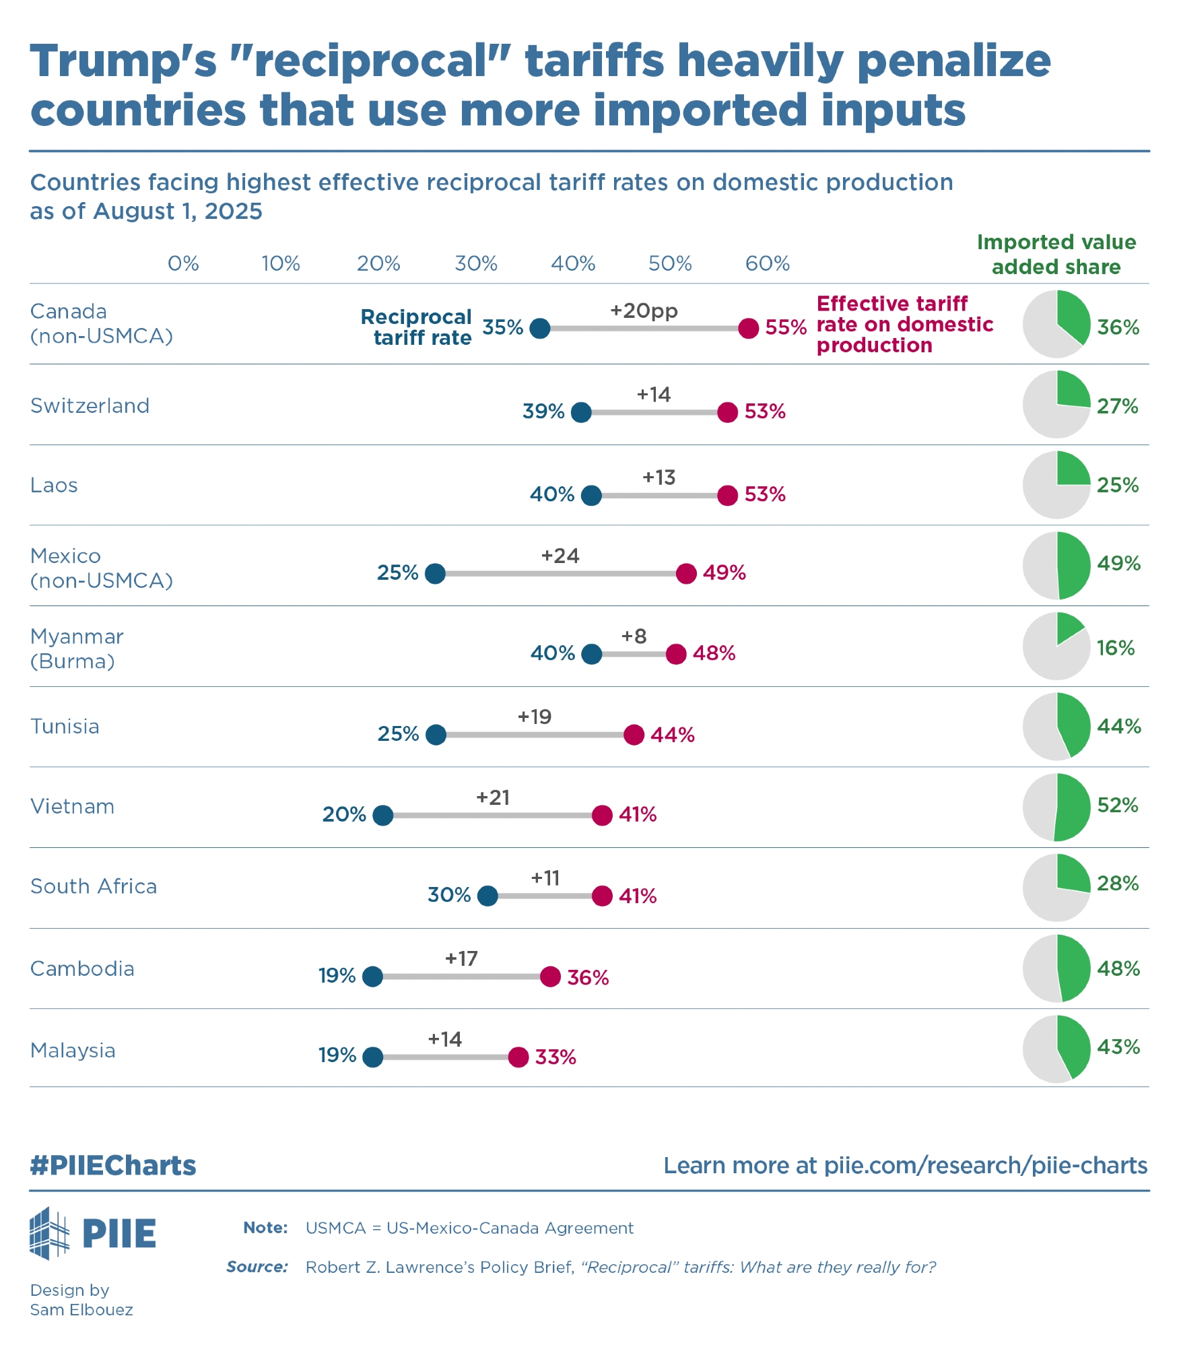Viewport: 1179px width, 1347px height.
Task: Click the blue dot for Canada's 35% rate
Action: point(539,329)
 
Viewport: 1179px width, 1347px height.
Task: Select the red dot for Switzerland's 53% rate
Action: point(727,412)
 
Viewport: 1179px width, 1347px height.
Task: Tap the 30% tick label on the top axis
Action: point(475,263)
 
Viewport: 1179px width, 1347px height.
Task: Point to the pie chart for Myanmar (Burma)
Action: point(1056,646)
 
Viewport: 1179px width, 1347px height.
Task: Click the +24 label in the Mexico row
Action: point(560,556)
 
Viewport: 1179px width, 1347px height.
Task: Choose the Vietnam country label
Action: point(72,806)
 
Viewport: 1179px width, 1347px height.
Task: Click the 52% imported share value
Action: point(1117,805)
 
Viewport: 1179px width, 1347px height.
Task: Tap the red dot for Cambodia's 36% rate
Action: point(550,977)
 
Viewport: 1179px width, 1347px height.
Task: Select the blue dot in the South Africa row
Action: point(487,896)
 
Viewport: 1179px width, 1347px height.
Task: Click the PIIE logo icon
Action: point(50,1233)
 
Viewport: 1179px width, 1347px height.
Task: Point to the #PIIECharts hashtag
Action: point(112,1165)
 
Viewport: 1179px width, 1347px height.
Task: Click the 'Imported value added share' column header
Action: point(1056,255)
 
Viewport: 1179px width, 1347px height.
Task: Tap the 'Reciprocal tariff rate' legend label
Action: point(417,327)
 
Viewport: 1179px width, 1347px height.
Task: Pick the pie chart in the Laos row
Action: point(1056,485)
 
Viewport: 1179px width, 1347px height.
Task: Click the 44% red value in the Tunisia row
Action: point(672,734)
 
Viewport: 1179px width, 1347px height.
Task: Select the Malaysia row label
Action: point(73,1050)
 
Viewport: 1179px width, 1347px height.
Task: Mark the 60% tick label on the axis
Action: point(767,263)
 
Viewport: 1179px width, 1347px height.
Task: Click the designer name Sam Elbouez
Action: point(81,1309)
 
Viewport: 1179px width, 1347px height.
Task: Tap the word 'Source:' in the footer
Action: point(257,1267)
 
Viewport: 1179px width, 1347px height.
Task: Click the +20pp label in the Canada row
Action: point(644,310)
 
